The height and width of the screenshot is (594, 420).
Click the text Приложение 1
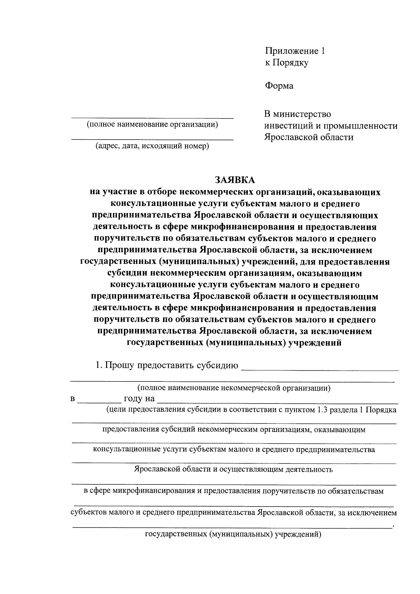point(295,51)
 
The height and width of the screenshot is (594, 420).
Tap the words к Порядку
point(286,63)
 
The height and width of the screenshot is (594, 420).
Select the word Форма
point(279,86)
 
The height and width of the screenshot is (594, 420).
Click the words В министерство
point(297,114)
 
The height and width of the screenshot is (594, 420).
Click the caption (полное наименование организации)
point(152,125)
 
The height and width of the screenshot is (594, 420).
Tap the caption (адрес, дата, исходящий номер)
point(152,146)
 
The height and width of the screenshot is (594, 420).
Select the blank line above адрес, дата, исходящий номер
point(152,139)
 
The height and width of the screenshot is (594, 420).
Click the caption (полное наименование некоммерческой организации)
point(234,388)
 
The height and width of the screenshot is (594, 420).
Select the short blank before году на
point(98,402)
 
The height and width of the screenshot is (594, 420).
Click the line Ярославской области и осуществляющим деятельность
point(233,469)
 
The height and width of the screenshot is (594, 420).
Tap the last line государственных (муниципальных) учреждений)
point(233,534)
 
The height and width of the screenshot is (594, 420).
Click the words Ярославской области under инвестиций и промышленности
point(308,137)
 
